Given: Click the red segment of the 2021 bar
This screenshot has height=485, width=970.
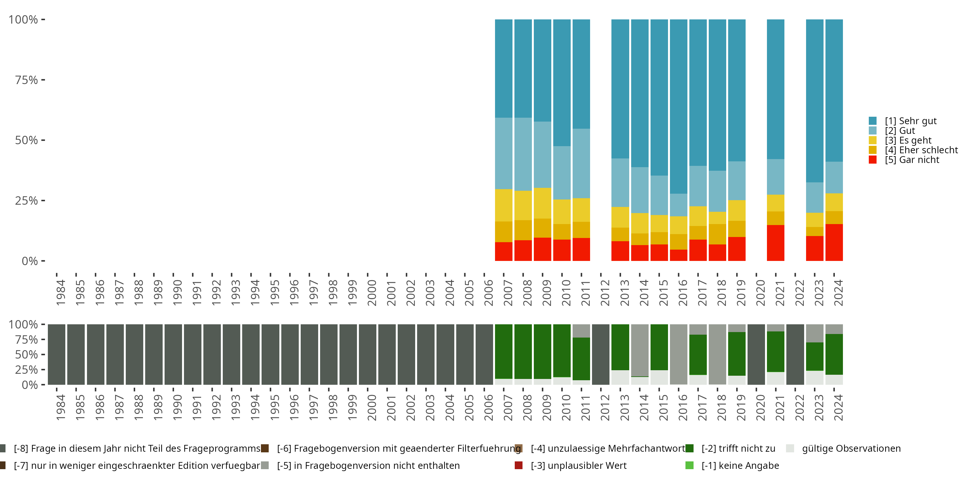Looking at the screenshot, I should click(775, 243).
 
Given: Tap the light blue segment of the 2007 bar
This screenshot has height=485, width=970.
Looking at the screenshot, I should click(503, 153).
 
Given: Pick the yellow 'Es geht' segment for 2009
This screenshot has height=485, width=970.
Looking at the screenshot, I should click(542, 203).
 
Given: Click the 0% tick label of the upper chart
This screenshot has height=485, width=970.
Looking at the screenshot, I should click(29, 261).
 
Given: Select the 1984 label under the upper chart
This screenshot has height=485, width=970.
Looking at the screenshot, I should click(60, 293).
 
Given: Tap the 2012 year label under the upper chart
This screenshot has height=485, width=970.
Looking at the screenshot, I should click(605, 293).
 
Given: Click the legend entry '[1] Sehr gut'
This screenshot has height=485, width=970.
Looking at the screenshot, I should click(911, 121).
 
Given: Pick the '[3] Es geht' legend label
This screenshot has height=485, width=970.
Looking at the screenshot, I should click(908, 140).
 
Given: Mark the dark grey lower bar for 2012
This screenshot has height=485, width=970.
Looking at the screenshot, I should click(601, 354).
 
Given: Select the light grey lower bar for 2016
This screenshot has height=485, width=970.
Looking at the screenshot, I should click(679, 354).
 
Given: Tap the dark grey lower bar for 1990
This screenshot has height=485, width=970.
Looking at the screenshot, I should click(173, 354).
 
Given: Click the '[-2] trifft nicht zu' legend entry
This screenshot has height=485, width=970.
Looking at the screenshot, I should click(738, 448).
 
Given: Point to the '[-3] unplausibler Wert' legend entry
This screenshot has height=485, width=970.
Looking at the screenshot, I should click(578, 465).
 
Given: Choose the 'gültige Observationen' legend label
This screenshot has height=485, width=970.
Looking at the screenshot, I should click(851, 448).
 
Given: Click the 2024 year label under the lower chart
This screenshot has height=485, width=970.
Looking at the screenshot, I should click(838, 407).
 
